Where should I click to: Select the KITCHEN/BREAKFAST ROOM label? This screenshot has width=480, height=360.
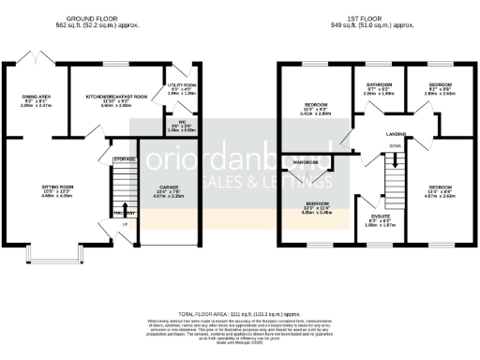112,97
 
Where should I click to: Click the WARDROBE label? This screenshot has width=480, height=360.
309,162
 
